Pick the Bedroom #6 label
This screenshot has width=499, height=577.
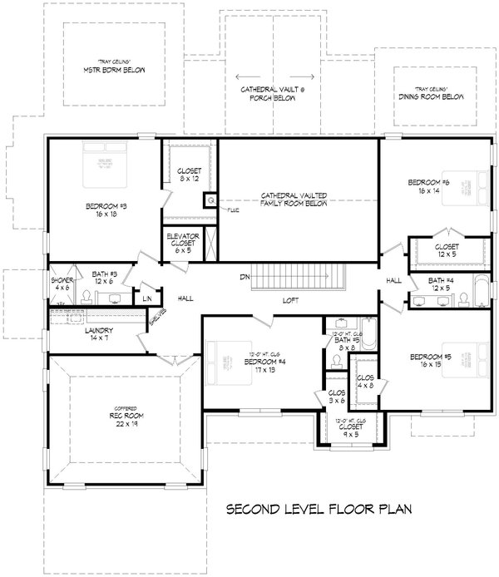(x=428, y=187)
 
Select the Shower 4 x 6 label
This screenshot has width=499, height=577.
(x=62, y=284)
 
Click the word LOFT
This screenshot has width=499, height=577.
(x=290, y=299)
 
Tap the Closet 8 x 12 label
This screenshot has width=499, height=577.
(x=189, y=176)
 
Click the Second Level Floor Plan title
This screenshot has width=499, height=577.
(x=319, y=508)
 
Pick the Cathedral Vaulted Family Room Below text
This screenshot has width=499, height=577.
(x=294, y=199)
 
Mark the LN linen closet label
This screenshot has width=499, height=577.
(x=147, y=298)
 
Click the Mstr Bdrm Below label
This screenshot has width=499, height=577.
(x=116, y=68)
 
